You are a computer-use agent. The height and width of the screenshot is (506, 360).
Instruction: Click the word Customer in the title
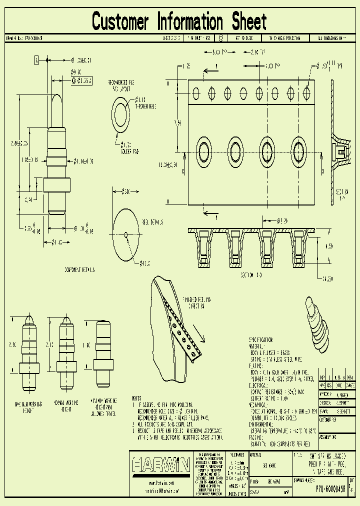tap(120, 21)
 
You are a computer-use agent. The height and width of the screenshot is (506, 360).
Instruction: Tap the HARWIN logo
tap(161, 465)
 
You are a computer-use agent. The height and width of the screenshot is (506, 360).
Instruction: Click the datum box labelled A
tap(36, 60)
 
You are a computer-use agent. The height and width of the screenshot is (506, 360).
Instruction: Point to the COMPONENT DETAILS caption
tap(79, 269)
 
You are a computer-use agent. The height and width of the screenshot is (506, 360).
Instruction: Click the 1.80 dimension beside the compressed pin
tap(87, 345)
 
